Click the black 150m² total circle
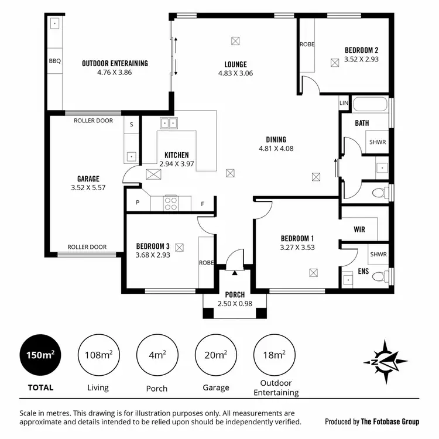pyautogui.click(x=40, y=355)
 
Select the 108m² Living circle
pyautogui.click(x=98, y=355)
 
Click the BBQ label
pyautogui.click(x=55, y=61)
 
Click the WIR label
pyautogui.click(x=359, y=229)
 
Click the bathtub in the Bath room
pyautogui.click(x=371, y=106)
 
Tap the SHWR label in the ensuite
pyautogui.click(x=378, y=255)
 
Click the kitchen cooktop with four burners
pyautogui.click(x=170, y=204)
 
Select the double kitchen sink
pyautogui.click(x=169, y=124)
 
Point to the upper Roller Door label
pyautogui.click(x=94, y=121)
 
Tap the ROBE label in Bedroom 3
pyautogui.click(x=205, y=263)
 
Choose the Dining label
pyautogui.click(x=276, y=139)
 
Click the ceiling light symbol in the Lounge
pyautogui.click(x=235, y=41)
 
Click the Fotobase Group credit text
pyautogui.click(x=372, y=421)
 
